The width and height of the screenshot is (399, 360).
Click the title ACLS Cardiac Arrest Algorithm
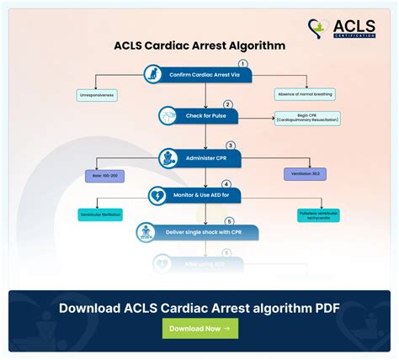pos(199,45)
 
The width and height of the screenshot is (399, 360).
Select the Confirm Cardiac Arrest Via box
pos(199,75)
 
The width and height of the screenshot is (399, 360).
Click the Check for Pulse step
pos(199,114)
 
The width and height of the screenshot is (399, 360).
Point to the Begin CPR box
pos(306,119)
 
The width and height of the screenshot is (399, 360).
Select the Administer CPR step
pos(199,156)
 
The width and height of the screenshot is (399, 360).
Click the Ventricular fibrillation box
pos(100,214)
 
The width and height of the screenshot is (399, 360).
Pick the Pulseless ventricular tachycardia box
pos(319,215)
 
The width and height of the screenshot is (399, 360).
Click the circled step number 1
pos(243,64)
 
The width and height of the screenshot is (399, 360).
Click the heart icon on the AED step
pos(157,196)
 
